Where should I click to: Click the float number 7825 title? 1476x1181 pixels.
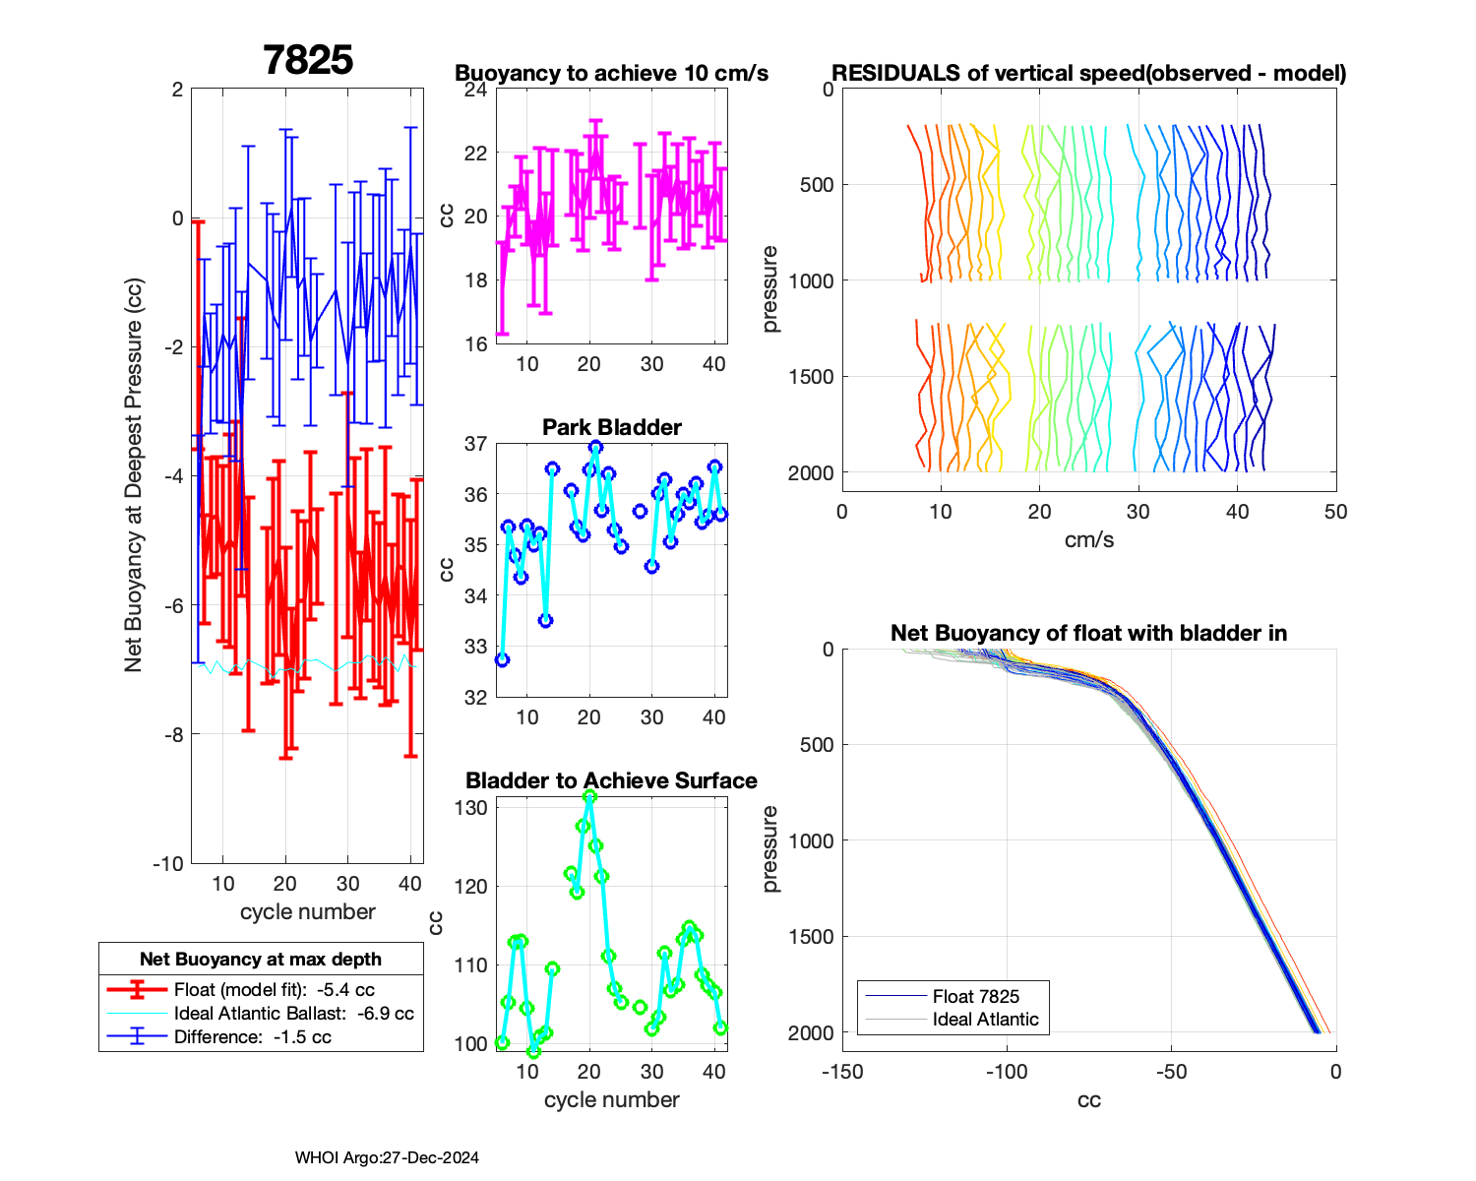(308, 60)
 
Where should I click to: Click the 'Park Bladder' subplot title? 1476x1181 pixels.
(612, 427)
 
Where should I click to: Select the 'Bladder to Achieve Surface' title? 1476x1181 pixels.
(611, 780)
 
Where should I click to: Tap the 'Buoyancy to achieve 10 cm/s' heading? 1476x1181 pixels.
(611, 73)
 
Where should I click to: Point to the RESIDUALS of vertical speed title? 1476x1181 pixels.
(1088, 73)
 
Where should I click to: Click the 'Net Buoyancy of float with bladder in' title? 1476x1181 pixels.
(1088, 633)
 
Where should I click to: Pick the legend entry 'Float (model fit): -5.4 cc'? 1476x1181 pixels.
(274, 990)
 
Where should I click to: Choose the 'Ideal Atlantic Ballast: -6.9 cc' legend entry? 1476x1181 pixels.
(293, 1014)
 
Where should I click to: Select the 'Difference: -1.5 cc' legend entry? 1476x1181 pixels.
(252, 1037)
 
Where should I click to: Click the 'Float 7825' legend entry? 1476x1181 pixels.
(975, 996)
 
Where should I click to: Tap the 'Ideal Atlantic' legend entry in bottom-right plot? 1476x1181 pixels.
(985, 1020)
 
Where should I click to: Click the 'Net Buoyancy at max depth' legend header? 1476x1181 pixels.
(261, 960)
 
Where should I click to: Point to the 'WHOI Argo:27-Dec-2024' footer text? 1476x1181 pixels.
(387, 1158)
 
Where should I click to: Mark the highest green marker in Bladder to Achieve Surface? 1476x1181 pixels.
(589, 797)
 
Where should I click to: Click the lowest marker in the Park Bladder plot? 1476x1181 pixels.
(502, 659)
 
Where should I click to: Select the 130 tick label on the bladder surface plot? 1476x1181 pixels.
(471, 808)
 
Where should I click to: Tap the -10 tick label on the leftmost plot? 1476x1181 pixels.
(167, 863)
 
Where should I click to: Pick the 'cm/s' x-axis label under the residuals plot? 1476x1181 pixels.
(1088, 539)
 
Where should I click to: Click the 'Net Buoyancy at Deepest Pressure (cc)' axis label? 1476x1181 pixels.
(134, 476)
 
